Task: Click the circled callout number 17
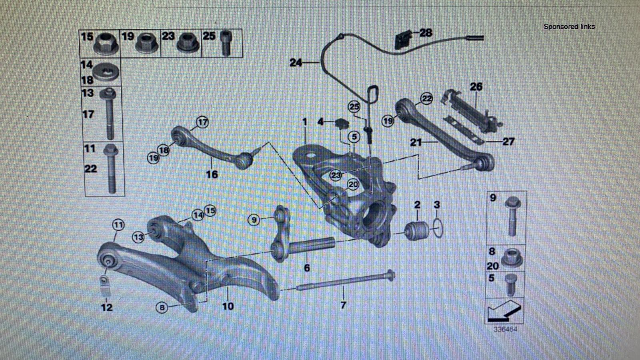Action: coord(202,122)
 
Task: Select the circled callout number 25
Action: coord(354,107)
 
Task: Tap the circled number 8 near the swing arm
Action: coord(162,308)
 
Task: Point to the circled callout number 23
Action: coord(336,175)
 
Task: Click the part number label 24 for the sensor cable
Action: coord(296,62)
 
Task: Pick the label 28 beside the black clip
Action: coord(426,32)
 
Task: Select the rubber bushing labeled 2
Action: coord(417,230)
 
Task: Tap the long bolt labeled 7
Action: coord(345,280)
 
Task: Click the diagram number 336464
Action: coord(505,329)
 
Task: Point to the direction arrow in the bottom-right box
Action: coord(504,311)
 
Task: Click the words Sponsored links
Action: coord(569,26)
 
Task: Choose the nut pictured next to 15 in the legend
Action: coord(106,44)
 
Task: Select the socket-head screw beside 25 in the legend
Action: coord(226,44)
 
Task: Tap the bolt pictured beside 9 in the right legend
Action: coord(512,216)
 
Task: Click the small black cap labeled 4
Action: coord(342,124)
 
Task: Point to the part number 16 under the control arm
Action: coord(212,174)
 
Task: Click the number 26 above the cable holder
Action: coord(476,86)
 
